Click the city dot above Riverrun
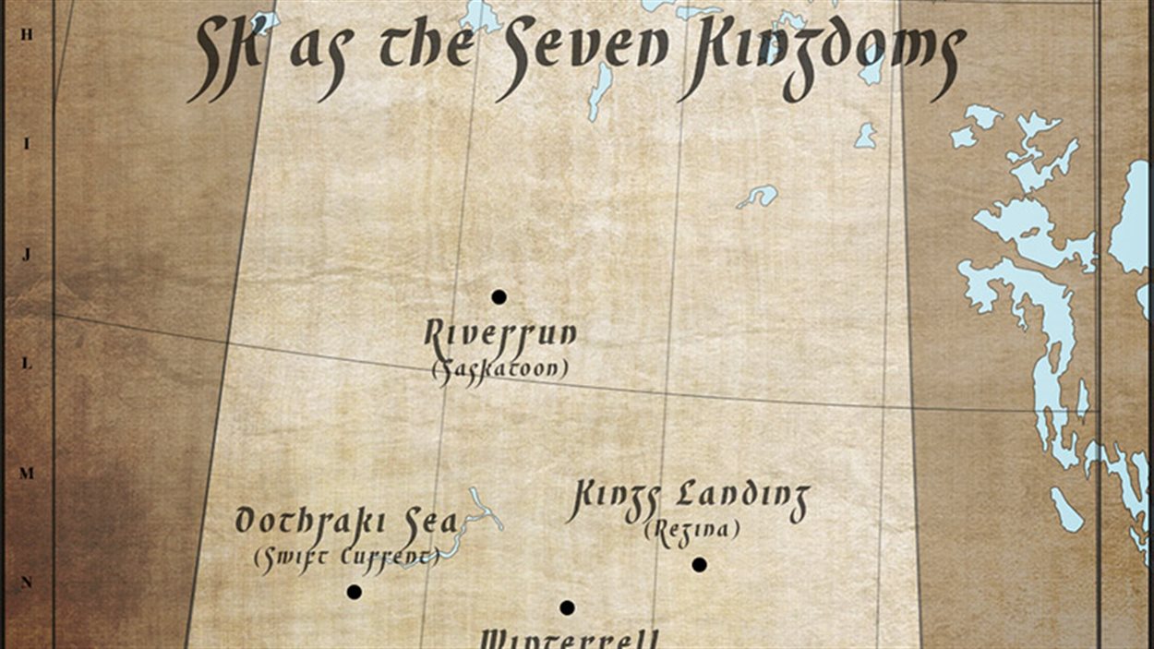pyautogui.click(x=499, y=297)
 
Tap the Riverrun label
pyautogui.click(x=499, y=334)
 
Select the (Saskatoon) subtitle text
pyautogui.click(x=499, y=370)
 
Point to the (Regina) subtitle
pyautogui.click(x=691, y=531)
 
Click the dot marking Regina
pyautogui.click(x=700, y=565)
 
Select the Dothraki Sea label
pyautogui.click(x=345, y=521)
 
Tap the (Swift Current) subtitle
pyautogui.click(x=345, y=557)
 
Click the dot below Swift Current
pyautogui.click(x=354, y=592)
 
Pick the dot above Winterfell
pyautogui.click(x=567, y=607)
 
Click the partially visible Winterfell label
pyautogui.click(x=571, y=639)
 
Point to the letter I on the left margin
pyautogui.click(x=26, y=144)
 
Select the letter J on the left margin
pyautogui.click(x=26, y=255)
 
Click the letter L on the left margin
pyautogui.click(x=26, y=364)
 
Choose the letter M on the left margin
pyautogui.click(x=26, y=474)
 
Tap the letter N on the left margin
pyautogui.click(x=26, y=583)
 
